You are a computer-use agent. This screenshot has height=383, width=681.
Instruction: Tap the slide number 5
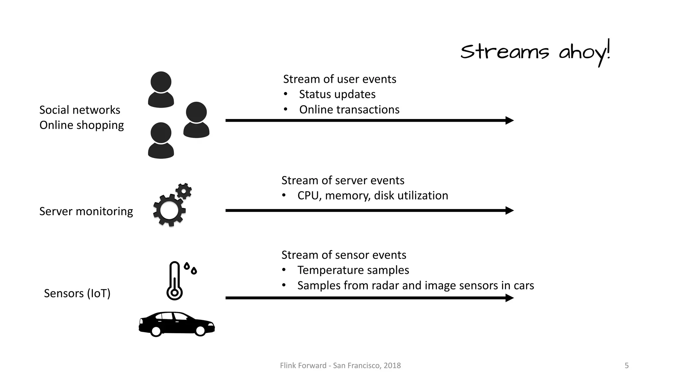[626, 366]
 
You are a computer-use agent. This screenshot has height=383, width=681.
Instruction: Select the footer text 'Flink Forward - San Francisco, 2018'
[340, 366]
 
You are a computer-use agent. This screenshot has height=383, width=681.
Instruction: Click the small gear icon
[184, 191]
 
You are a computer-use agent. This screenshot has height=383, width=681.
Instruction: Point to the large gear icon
[169, 210]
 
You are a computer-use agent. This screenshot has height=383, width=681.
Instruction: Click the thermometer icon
[175, 281]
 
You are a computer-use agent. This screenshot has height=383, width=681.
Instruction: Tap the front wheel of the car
[200, 331]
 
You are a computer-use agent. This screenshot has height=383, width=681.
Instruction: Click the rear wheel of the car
[156, 331]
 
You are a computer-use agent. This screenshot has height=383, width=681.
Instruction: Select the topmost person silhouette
[161, 89]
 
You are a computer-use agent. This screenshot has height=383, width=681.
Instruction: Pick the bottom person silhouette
[161, 140]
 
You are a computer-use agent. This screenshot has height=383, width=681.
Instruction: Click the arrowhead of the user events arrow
[509, 120]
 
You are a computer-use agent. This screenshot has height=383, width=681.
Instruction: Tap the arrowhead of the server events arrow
[509, 210]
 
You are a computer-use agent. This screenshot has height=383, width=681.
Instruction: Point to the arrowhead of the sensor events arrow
[509, 298]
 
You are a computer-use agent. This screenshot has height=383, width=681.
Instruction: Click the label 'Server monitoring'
[86, 211]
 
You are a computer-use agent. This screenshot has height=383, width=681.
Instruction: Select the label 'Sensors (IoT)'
[77, 293]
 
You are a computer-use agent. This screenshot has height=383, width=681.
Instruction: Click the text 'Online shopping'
[81, 125]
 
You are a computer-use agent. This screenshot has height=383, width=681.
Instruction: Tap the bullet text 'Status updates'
[337, 94]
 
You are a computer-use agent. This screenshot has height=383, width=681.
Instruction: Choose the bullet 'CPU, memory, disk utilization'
[372, 195]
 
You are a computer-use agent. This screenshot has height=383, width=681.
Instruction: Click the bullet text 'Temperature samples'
[353, 270]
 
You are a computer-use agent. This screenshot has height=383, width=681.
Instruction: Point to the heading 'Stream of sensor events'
[343, 255]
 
